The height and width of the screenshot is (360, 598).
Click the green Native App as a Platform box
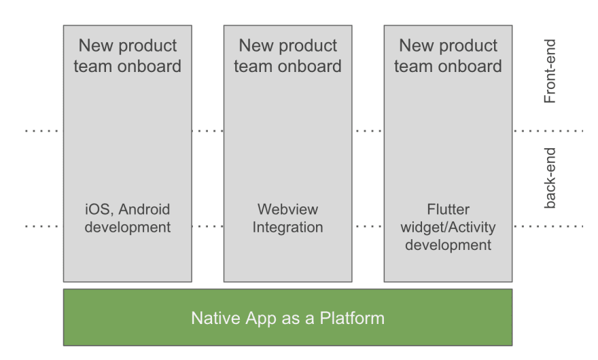pyautogui.click(x=287, y=317)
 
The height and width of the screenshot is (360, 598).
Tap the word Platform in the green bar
pyautogui.click(x=352, y=318)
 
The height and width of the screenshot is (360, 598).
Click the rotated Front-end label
pyautogui.click(x=550, y=71)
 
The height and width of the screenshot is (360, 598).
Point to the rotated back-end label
pyautogui.click(x=550, y=178)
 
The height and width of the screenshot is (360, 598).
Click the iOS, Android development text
pyautogui.click(x=127, y=218)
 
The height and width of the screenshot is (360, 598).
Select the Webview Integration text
pyautogui.click(x=287, y=218)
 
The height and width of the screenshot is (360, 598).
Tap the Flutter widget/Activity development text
pyautogui.click(x=448, y=227)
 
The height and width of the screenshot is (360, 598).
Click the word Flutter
pyautogui.click(x=448, y=209)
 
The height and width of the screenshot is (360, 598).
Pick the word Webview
pyautogui.click(x=287, y=209)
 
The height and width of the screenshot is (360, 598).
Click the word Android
pyautogui.click(x=144, y=209)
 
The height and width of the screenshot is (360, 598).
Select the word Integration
pyautogui.click(x=287, y=228)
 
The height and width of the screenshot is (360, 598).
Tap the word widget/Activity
pyautogui.click(x=448, y=228)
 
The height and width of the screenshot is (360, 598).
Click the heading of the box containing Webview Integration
pyautogui.click(x=287, y=56)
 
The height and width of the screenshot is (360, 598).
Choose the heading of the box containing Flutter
pyautogui.click(x=448, y=56)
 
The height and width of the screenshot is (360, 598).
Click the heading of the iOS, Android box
pyautogui.click(x=127, y=56)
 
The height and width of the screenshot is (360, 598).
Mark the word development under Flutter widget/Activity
pyautogui.click(x=448, y=245)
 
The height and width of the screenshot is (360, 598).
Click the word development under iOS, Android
pyautogui.click(x=127, y=228)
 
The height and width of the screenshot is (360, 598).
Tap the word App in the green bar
pyautogui.click(x=261, y=319)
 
